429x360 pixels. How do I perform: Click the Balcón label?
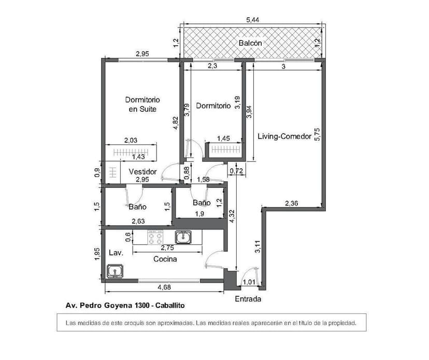click(x=250, y=43)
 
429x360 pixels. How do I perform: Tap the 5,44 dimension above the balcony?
click(x=253, y=20)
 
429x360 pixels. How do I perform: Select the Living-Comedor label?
click(x=284, y=136)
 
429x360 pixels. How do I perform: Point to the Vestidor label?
click(x=142, y=171)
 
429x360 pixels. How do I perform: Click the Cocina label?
click(x=165, y=259)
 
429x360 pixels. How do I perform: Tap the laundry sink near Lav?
click(x=114, y=271)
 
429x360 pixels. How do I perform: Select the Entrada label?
click(x=248, y=299)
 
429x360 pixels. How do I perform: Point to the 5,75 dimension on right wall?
click(x=317, y=134)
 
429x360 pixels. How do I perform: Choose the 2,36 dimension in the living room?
click(x=292, y=204)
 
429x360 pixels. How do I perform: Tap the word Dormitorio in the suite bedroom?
click(x=142, y=99)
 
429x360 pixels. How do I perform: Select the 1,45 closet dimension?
click(x=223, y=138)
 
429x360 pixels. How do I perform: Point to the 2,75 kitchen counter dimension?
click(x=166, y=248)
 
